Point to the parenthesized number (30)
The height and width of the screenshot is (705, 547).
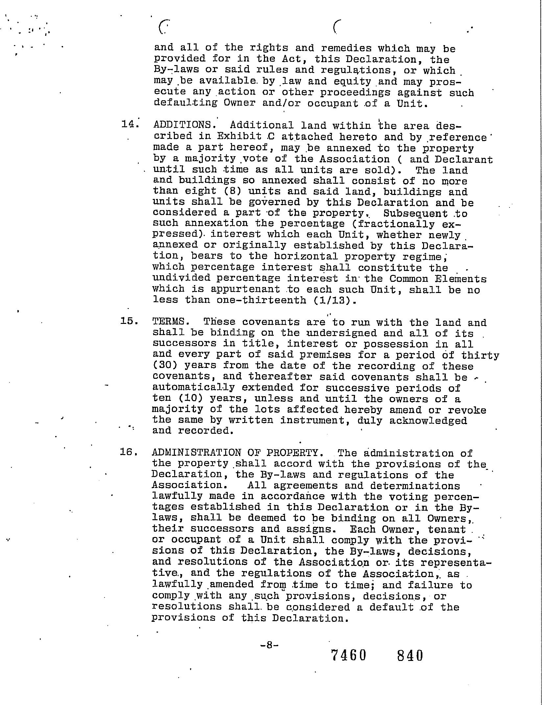pyautogui.click(x=165, y=365)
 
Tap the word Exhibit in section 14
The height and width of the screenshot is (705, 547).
pyautogui.click(x=239, y=136)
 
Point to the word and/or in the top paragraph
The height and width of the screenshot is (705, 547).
pyautogui.click(x=284, y=103)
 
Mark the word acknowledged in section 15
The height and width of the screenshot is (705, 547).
pyautogui.click(x=428, y=420)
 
